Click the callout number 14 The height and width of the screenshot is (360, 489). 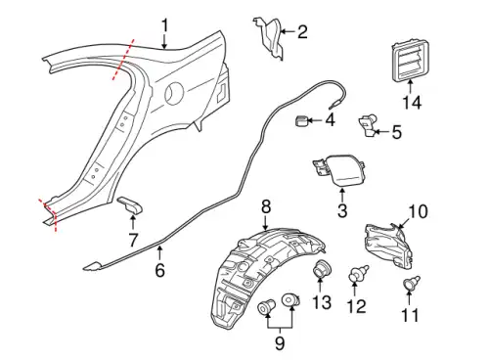pos(412,103)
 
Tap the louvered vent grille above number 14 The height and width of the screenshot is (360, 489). pos(410,61)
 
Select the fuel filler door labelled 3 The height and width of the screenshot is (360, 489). pos(339,170)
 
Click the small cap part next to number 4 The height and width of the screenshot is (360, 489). pos(300,120)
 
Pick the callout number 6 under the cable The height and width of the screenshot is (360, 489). pos(159,270)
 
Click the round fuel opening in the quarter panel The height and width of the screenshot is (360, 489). pos(174,93)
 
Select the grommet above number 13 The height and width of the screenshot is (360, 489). pos(322,269)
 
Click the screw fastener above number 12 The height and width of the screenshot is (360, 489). pos(358,274)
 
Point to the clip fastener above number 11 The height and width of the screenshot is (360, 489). pos(411,283)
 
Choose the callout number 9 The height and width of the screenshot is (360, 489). pos(280,343)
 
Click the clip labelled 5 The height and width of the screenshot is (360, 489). pos(368,125)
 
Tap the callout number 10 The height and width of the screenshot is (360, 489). pos(418,212)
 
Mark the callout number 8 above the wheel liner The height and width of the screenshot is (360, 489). pos(266,206)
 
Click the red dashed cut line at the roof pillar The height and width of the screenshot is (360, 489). pos(123,60)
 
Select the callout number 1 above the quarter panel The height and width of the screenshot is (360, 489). pos(165,25)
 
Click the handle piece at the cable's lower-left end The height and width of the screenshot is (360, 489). pos(93,266)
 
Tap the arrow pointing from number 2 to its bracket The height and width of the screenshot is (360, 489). pos(288,32)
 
